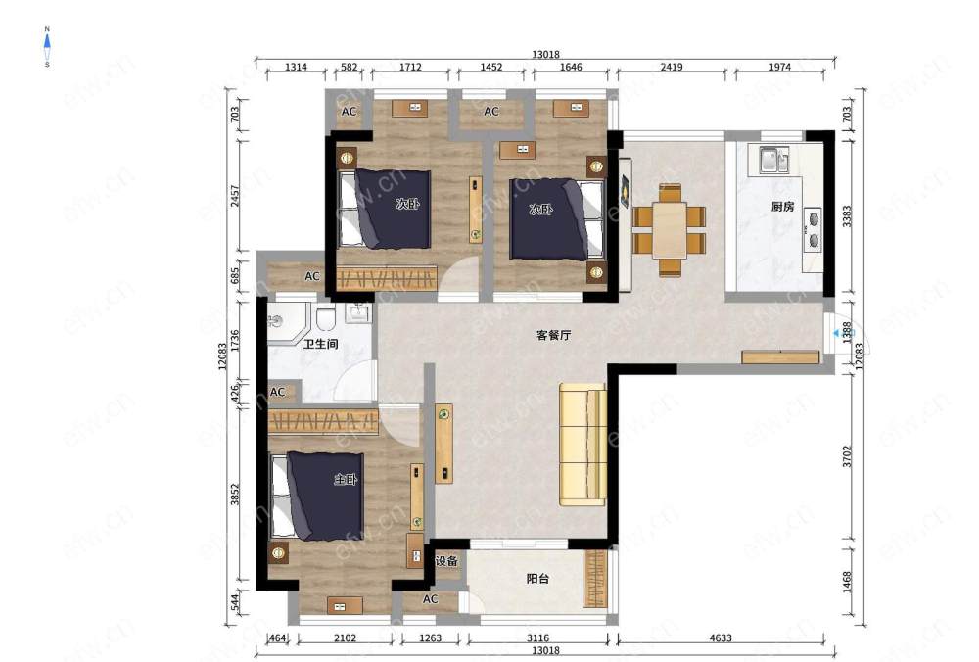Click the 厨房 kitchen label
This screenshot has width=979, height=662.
click(x=782, y=206)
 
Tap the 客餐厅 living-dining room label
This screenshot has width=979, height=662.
click(x=554, y=335)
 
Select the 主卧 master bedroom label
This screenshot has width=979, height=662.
click(x=346, y=480)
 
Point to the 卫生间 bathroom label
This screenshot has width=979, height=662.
click(x=321, y=344)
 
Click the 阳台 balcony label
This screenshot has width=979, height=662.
click(x=537, y=579)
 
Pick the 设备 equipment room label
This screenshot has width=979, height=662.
click(x=446, y=561)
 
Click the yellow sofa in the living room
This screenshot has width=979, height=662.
click(x=583, y=444)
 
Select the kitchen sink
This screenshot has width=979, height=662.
click(x=774, y=160)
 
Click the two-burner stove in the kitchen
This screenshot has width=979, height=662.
click(x=813, y=229)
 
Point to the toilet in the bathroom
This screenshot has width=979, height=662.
click(x=325, y=319)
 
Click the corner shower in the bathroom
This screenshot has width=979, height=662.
click(x=289, y=322)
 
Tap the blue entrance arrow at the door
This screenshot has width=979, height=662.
click(x=835, y=334)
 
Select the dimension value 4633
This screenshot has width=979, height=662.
click(x=720, y=638)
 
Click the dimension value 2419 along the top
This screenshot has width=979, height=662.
click(x=672, y=67)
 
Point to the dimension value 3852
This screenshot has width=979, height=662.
click(x=235, y=496)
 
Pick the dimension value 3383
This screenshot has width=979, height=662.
click(x=847, y=215)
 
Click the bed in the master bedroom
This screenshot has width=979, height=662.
click(x=318, y=496)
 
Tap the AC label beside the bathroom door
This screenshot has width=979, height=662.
click(x=277, y=392)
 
